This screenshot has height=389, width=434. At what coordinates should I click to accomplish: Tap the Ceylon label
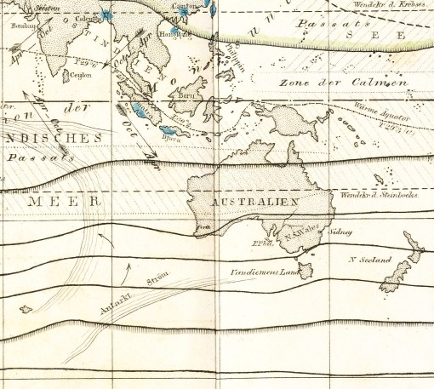[x=82, y=74]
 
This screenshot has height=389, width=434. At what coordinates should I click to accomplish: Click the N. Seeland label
[x=369, y=259]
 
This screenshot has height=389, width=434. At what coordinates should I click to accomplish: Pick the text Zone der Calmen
[x=340, y=83]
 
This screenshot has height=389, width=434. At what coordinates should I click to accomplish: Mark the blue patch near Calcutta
[x=106, y=15]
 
